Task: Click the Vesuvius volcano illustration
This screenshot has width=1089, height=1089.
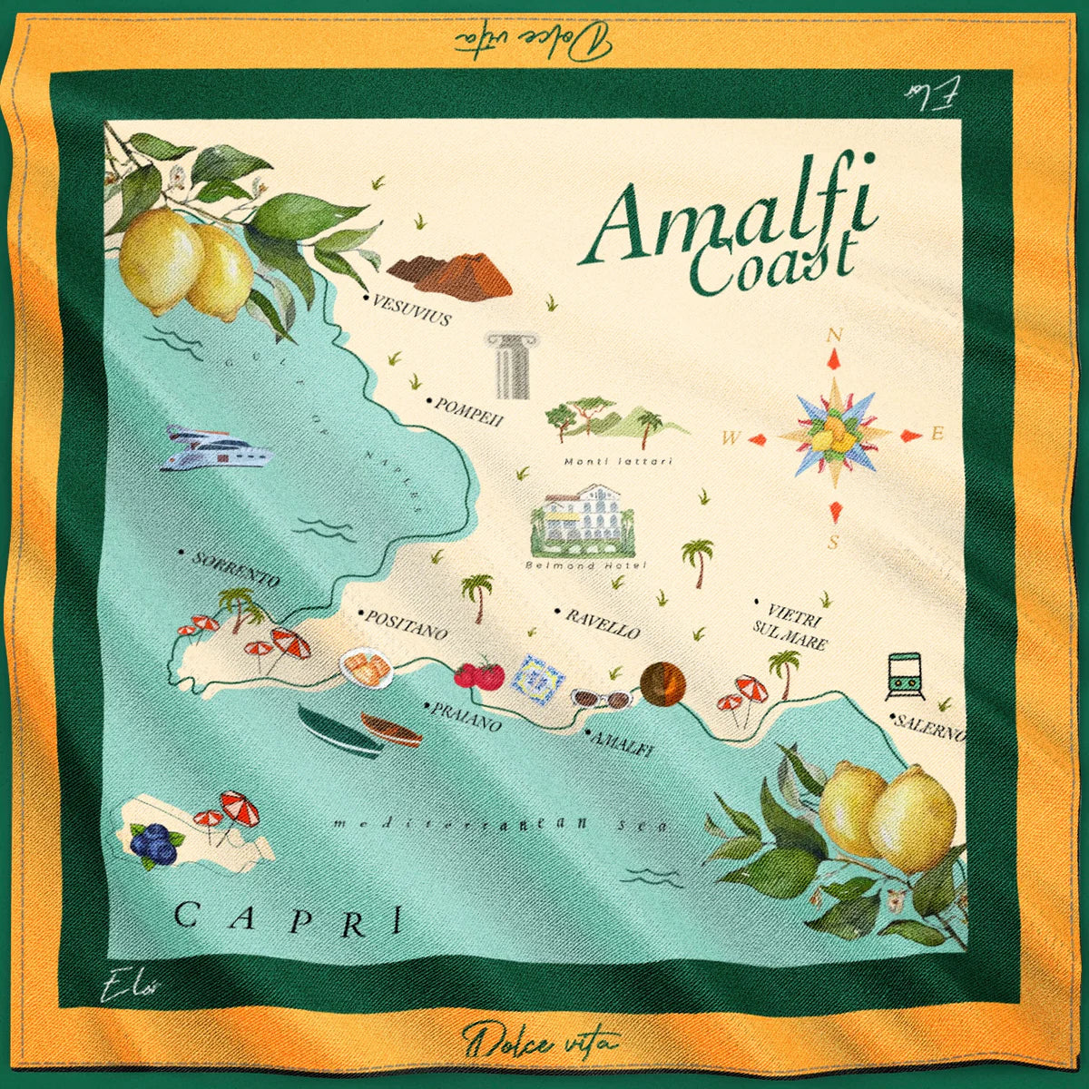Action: point(451,273)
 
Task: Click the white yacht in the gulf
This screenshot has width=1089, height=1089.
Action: point(215,449)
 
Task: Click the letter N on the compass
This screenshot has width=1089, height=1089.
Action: point(834,336)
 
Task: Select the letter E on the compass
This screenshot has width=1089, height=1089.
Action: point(938,434)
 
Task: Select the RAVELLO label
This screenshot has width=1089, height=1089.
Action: point(603,624)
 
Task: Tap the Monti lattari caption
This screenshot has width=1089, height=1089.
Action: point(618,461)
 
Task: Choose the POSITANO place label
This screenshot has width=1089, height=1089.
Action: point(406,624)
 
